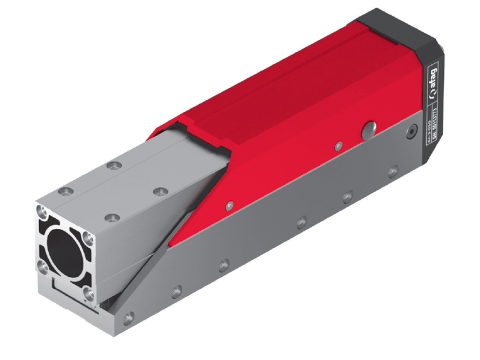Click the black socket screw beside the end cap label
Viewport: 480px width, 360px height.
[412, 132]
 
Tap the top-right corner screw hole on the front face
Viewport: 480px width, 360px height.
[88, 237]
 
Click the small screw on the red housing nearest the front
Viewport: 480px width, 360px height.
[229, 206]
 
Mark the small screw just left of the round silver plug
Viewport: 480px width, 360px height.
[338, 146]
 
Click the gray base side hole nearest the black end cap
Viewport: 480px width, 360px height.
[393, 171]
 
